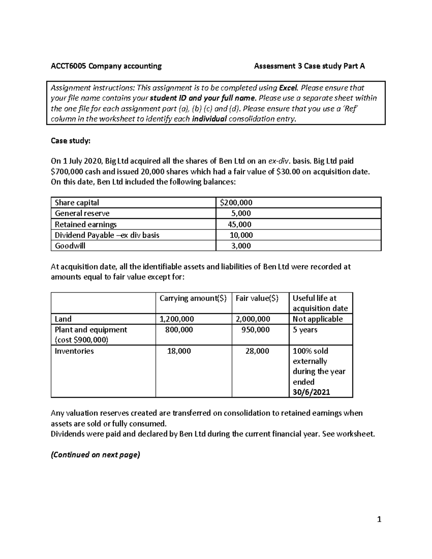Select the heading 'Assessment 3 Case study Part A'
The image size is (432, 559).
click(x=309, y=66)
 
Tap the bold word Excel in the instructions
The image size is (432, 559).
click(x=289, y=88)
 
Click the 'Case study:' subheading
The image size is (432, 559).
click(x=71, y=141)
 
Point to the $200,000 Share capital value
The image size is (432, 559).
click(x=236, y=203)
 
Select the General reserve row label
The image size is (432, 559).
click(x=82, y=213)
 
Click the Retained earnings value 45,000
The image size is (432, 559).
click(x=239, y=224)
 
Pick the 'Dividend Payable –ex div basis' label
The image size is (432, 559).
click(x=107, y=235)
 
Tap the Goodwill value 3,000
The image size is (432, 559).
click(x=241, y=246)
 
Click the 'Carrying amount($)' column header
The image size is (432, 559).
click(x=193, y=298)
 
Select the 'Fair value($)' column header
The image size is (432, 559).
click(x=257, y=298)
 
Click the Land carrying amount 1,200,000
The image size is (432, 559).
click(x=177, y=319)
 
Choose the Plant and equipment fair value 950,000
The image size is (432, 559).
click(x=256, y=330)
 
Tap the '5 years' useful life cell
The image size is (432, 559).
click(x=305, y=330)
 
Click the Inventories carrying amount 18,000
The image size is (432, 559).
click(x=179, y=351)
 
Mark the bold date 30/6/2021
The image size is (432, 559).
click(x=311, y=392)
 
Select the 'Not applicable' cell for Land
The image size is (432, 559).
click(x=318, y=319)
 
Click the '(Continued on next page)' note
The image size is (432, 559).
click(x=95, y=455)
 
